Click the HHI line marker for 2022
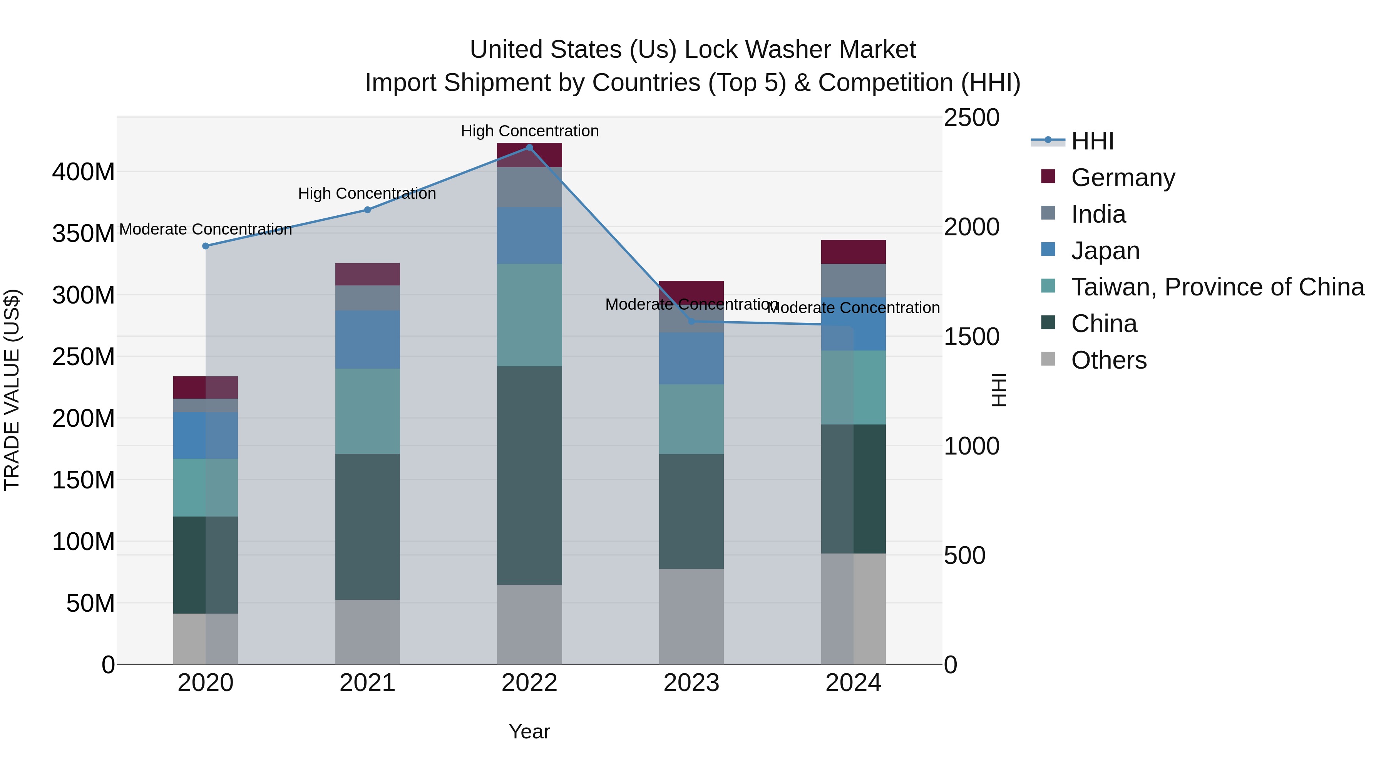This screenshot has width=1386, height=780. click(529, 148)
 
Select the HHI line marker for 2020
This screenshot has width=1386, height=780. click(206, 246)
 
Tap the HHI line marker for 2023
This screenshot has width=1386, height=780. click(692, 321)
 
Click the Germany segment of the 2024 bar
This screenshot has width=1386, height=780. click(853, 252)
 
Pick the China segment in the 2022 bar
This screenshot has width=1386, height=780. click(529, 475)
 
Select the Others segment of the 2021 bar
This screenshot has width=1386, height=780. click(368, 632)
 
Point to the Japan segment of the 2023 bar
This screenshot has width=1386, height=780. click(691, 359)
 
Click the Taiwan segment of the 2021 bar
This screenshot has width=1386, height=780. click(368, 411)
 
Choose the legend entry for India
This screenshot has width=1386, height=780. click(1098, 214)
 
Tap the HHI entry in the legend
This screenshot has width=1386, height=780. click(1092, 141)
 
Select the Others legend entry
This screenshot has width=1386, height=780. click(1108, 360)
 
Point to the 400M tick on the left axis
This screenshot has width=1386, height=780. click(84, 172)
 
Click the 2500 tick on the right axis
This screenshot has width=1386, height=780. click(972, 118)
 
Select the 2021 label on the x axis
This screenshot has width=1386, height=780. click(368, 683)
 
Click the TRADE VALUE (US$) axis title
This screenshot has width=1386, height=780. click(12, 390)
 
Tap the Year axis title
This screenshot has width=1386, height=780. click(529, 731)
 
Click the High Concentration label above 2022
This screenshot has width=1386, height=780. click(529, 131)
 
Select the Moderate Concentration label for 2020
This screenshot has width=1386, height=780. click(206, 229)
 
